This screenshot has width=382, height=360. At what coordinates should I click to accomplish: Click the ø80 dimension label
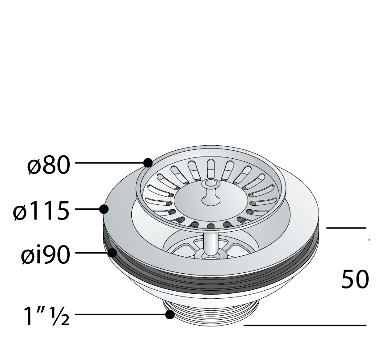tap(49, 165)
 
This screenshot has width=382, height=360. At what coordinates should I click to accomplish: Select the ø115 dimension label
tap(42, 211)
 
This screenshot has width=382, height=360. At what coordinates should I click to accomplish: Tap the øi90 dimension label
tap(46, 254)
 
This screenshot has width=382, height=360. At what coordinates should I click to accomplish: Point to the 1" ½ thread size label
tap(46, 316)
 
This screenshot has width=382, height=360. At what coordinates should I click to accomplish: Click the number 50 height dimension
tap(355, 279)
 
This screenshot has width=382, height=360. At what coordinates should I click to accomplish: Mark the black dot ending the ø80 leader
tap(148, 163)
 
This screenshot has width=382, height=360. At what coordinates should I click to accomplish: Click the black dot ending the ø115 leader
tap(104, 209)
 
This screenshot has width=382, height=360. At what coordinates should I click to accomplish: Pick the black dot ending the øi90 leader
tap(112, 252)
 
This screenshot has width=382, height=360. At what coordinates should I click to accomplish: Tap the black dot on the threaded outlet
tap(170, 315)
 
